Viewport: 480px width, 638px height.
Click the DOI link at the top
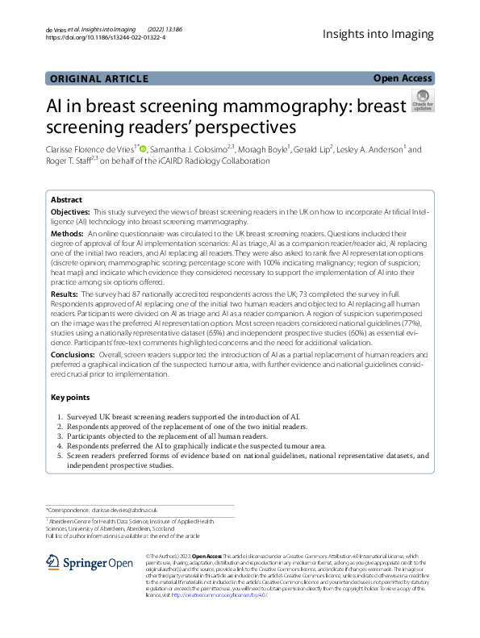pyautogui.click(x=106, y=37)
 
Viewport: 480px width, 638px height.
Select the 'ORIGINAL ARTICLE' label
pyautogui.click(x=99, y=78)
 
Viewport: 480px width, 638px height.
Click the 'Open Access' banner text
pyautogui.click(x=403, y=78)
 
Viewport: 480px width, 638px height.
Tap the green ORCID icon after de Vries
pyautogui.click(x=143, y=148)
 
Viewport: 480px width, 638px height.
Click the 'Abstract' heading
pyautogui.click(x=66, y=199)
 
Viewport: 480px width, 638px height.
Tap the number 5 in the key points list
pyautogui.click(x=61, y=456)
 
